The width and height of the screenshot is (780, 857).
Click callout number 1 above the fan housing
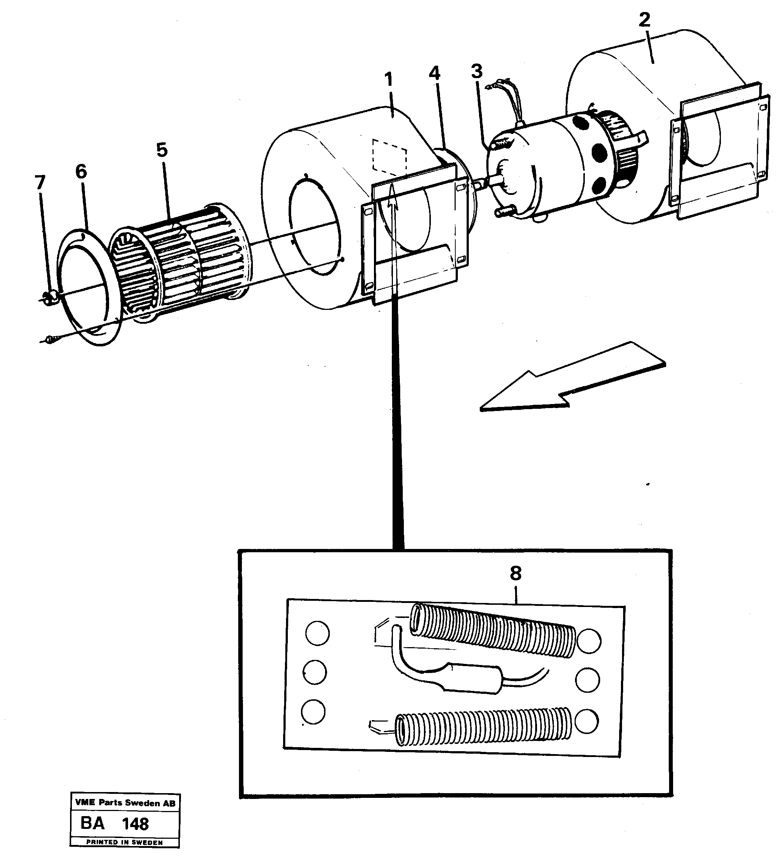pos(388,80)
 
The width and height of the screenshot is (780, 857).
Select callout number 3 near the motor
pos(477,72)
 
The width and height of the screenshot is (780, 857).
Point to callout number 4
pos(434,73)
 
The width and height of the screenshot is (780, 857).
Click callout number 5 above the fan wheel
pos(162,150)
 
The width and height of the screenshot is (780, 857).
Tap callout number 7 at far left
pos(40,183)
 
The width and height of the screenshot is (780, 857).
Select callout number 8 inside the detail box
pos(516,573)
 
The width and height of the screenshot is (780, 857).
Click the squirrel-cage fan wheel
pos(181,259)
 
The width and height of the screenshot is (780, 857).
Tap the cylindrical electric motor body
pos(552,166)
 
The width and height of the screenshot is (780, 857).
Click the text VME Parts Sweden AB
pos(124,803)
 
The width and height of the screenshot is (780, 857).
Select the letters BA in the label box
pos(93,823)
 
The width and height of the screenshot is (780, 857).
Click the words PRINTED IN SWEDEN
pos(124,842)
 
